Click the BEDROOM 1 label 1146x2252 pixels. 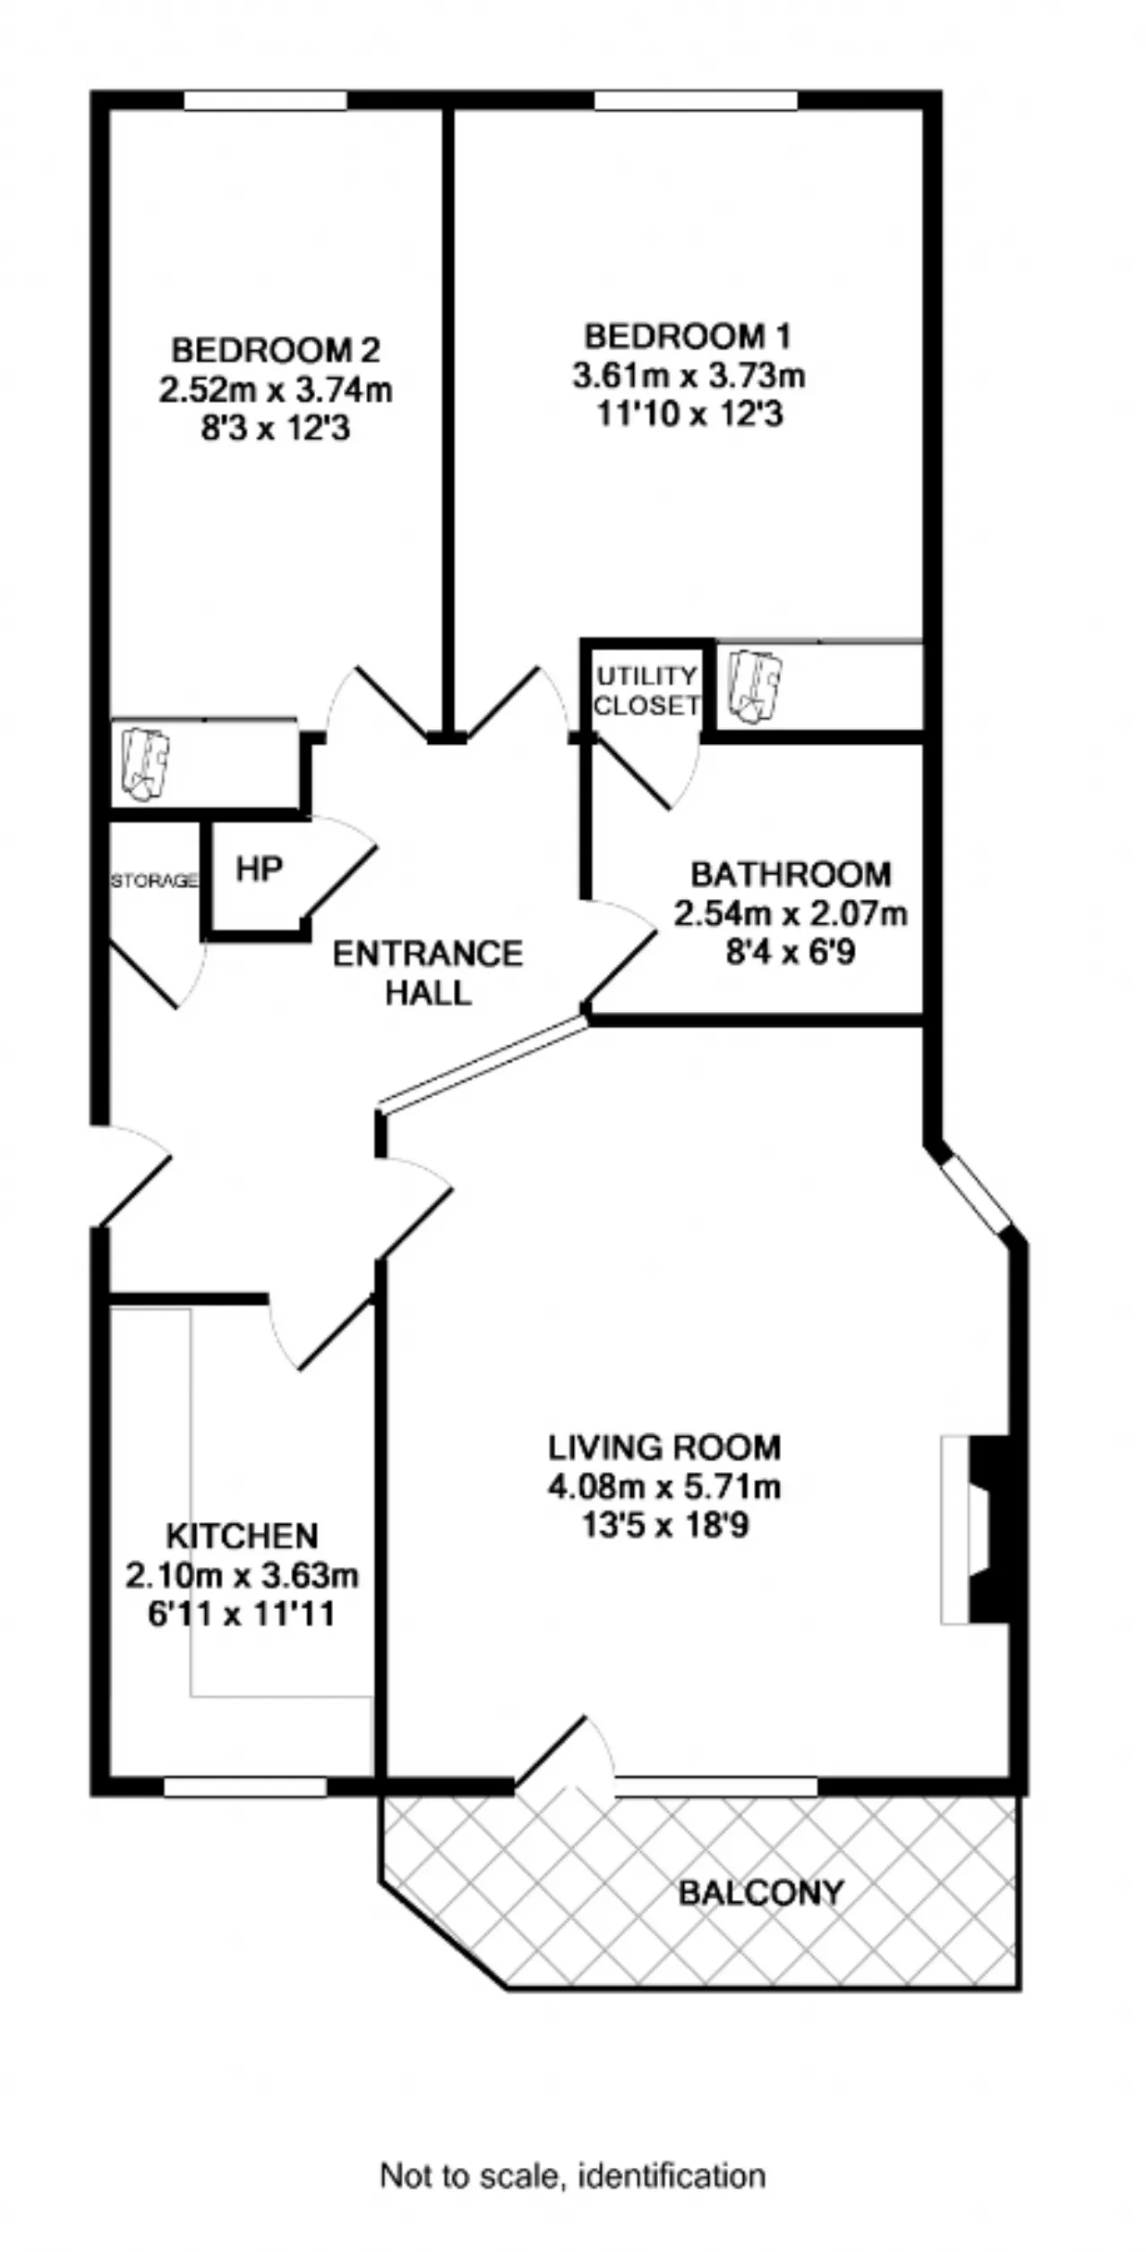click(688, 337)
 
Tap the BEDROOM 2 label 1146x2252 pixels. click(276, 349)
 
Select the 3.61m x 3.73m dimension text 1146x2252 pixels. click(688, 375)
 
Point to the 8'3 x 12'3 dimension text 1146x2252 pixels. click(276, 429)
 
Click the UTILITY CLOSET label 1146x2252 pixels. click(646, 690)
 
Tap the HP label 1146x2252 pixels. click(260, 869)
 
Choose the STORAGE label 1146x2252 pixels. click(154, 881)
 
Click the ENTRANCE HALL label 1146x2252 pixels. click(428, 973)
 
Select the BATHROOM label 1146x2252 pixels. click(791, 874)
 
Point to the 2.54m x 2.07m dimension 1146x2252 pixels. click(791, 914)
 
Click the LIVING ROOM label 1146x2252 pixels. click(664, 1447)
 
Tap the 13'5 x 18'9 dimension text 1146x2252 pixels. click(664, 1525)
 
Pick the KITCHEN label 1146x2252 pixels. click(242, 1536)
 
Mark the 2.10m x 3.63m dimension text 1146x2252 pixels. click(242, 1575)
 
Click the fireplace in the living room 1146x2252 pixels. click(975, 1530)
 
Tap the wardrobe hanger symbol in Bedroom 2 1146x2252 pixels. click(145, 764)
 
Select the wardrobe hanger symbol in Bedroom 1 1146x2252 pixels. click(756, 686)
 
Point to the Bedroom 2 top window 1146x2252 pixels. click(265, 100)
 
